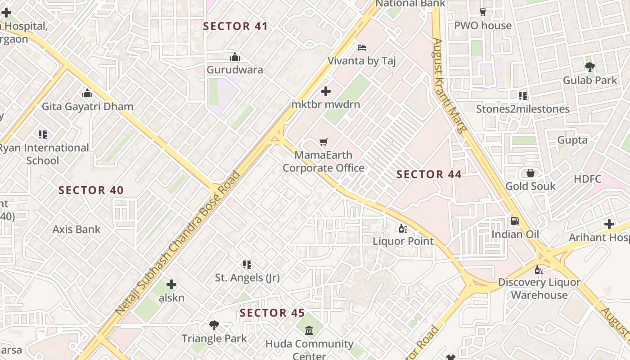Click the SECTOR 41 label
point(235,26)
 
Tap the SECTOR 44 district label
point(429,174)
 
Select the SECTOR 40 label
point(91,190)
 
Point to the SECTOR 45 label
point(272,313)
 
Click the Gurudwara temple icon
point(234,57)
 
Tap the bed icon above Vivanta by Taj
point(362,48)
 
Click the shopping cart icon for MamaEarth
point(323,142)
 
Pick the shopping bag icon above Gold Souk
point(531,173)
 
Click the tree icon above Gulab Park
point(590,67)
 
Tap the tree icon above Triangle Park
point(214,325)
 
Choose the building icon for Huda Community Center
point(309,331)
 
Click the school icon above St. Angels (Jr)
point(247,265)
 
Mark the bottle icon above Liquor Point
point(403,228)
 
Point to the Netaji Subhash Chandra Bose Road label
point(178,243)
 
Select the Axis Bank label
point(76,229)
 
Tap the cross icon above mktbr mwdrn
point(326,92)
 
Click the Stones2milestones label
point(523,109)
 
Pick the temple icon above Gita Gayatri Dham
point(87,94)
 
